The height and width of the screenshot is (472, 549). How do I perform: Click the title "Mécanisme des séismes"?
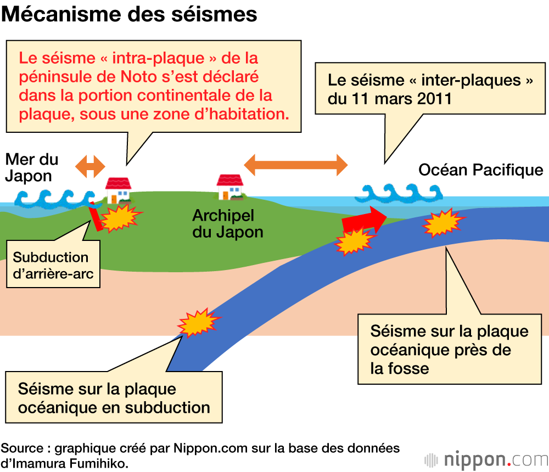(x=129, y=14)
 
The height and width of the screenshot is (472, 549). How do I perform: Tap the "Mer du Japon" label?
(x=32, y=168)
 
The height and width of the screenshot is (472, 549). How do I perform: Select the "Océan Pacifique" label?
(x=480, y=170)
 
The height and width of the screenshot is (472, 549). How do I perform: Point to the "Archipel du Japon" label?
(x=227, y=223)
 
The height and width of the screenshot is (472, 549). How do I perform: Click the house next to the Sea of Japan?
(x=118, y=190)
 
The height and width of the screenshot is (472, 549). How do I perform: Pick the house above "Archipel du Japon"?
(x=230, y=187)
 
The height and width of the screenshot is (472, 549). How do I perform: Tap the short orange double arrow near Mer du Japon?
(x=90, y=166)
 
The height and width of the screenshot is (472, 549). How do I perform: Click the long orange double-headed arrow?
(x=295, y=164)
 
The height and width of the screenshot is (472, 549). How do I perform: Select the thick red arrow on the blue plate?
(x=364, y=218)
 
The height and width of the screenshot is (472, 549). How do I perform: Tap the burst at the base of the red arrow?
(x=354, y=241)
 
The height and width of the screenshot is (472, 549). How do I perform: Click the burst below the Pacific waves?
(x=442, y=222)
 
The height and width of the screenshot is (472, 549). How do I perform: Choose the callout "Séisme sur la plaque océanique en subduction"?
(x=114, y=398)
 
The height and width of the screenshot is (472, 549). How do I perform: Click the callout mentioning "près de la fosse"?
(x=449, y=349)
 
